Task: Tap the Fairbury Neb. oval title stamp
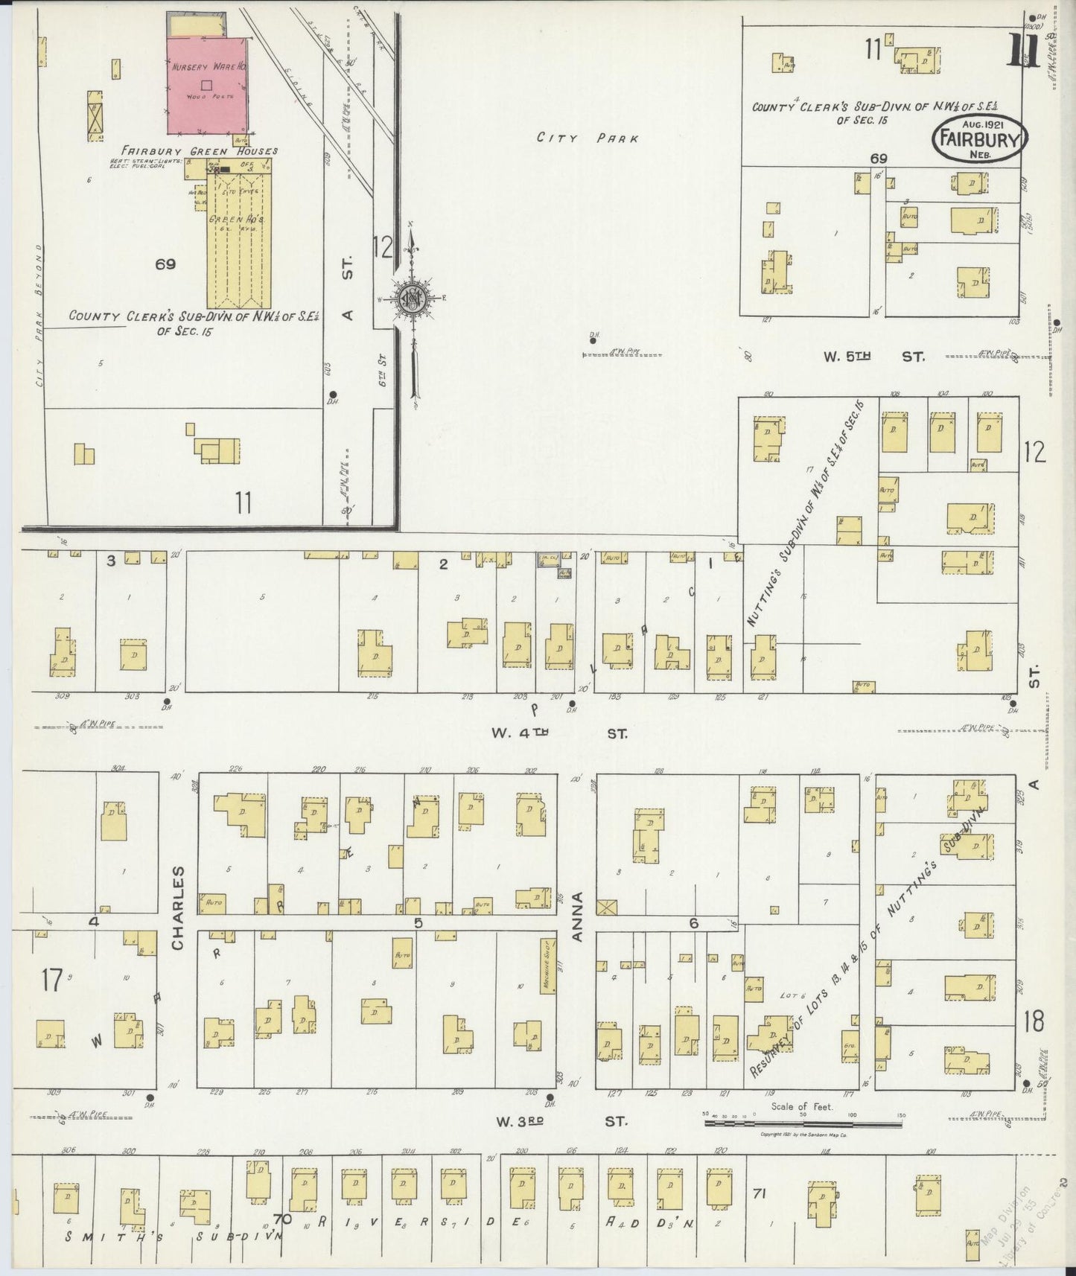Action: [980, 138]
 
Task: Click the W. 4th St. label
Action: [558, 733]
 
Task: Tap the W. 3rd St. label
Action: [558, 1120]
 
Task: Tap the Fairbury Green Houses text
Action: [200, 151]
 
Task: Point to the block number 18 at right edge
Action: [1034, 1022]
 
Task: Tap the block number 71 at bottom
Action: [759, 1194]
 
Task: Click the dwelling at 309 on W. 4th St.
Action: [63, 653]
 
